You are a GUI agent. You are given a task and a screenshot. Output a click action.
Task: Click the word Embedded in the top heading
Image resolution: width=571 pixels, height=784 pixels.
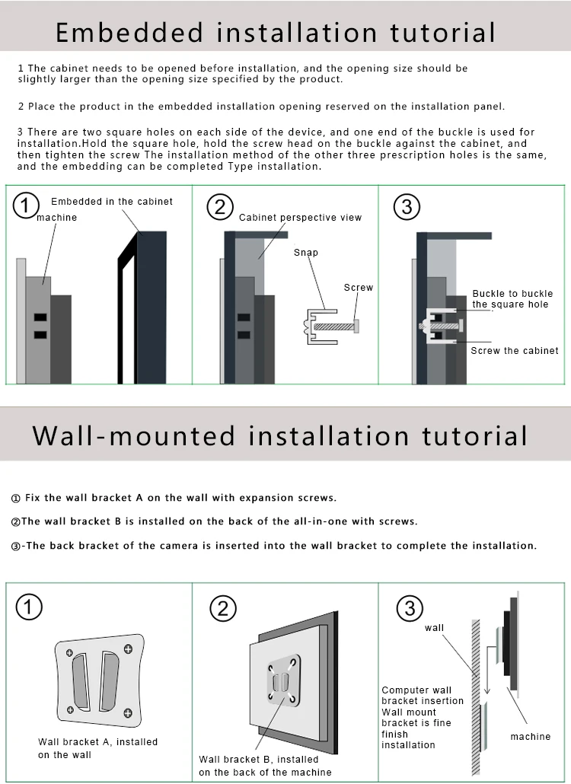click(x=129, y=33)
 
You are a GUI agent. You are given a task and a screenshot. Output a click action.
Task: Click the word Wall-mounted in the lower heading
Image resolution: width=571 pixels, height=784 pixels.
click(x=134, y=435)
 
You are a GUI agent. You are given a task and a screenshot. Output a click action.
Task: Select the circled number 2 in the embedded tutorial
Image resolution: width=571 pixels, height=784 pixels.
click(x=220, y=207)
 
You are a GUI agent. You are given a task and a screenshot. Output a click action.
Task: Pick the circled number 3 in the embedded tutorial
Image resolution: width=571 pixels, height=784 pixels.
click(x=407, y=207)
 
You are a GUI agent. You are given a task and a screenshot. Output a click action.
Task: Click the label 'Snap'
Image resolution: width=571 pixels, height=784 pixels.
click(x=306, y=253)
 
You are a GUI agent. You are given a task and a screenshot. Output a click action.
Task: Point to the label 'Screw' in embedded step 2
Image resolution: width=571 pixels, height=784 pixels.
click(x=359, y=288)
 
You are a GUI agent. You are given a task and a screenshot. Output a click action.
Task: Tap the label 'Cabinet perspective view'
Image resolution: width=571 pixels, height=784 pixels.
click(x=301, y=218)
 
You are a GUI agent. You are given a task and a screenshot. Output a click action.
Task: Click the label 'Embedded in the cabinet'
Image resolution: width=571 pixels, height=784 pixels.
click(x=112, y=202)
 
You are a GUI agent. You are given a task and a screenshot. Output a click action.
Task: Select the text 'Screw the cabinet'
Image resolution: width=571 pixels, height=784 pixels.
click(x=515, y=350)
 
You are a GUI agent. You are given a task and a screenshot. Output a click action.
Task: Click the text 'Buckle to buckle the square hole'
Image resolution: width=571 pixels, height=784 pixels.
click(x=512, y=299)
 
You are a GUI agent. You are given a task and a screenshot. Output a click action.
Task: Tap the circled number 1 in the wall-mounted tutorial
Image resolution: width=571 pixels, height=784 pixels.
click(x=29, y=607)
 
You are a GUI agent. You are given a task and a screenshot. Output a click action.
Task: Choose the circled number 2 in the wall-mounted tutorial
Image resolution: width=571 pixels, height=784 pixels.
click(x=223, y=608)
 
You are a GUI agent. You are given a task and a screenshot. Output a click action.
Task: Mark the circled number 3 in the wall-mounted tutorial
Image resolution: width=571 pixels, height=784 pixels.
click(x=410, y=608)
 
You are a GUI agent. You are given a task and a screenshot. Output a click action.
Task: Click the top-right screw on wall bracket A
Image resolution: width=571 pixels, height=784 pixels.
click(x=128, y=649)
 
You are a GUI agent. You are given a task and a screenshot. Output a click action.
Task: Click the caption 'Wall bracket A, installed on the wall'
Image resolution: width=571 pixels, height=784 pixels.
click(x=98, y=748)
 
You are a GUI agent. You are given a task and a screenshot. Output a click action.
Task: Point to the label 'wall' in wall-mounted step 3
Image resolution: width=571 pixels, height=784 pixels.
click(x=435, y=628)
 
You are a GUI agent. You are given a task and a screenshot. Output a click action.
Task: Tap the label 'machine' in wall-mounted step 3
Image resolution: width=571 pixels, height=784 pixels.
click(x=531, y=737)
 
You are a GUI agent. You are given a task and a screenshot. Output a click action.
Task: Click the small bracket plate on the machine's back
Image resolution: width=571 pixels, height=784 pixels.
click(x=283, y=680)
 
